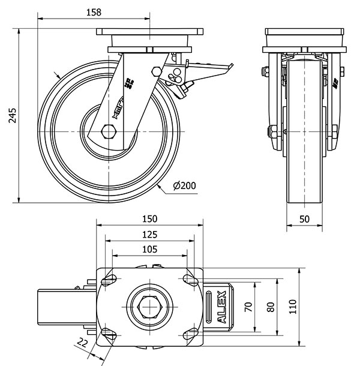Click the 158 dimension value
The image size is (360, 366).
pyautogui.click(x=93, y=11)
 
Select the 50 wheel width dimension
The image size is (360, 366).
pyautogui.click(x=304, y=219)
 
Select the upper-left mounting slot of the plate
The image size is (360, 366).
pyautogui.click(x=110, y=280)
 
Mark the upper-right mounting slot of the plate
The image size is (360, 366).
pyautogui.click(x=190, y=280)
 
